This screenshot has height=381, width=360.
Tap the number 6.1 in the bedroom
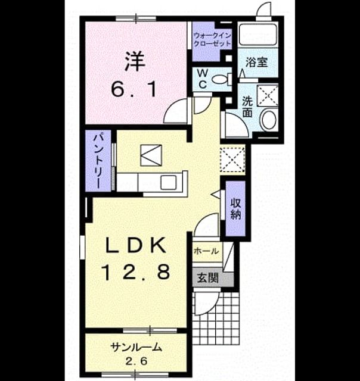coord(134,89)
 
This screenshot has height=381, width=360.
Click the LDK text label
coord(136,246)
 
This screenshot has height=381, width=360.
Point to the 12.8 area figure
coord(136,272)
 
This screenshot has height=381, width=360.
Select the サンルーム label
coord(136,348)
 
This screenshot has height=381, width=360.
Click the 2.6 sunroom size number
coord(136,361)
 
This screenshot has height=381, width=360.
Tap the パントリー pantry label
coord(98,161)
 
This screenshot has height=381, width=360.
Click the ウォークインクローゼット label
coord(212,40)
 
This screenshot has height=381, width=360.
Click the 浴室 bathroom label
coord(256,62)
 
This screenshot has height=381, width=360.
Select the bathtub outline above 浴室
coord(257,33)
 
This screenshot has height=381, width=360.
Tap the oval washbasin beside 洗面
coord(268,120)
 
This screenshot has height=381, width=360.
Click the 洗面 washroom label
coord(247,107)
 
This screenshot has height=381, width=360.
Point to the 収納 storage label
coord(235,208)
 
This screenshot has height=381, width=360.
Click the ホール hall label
coord(206,251)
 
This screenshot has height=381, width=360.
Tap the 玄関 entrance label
coord(207,278)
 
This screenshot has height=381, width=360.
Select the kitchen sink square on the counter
coord(168,182)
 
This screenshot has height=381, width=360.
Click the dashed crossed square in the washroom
coord(268,95)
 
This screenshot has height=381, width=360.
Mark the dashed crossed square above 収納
coord(232,159)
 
